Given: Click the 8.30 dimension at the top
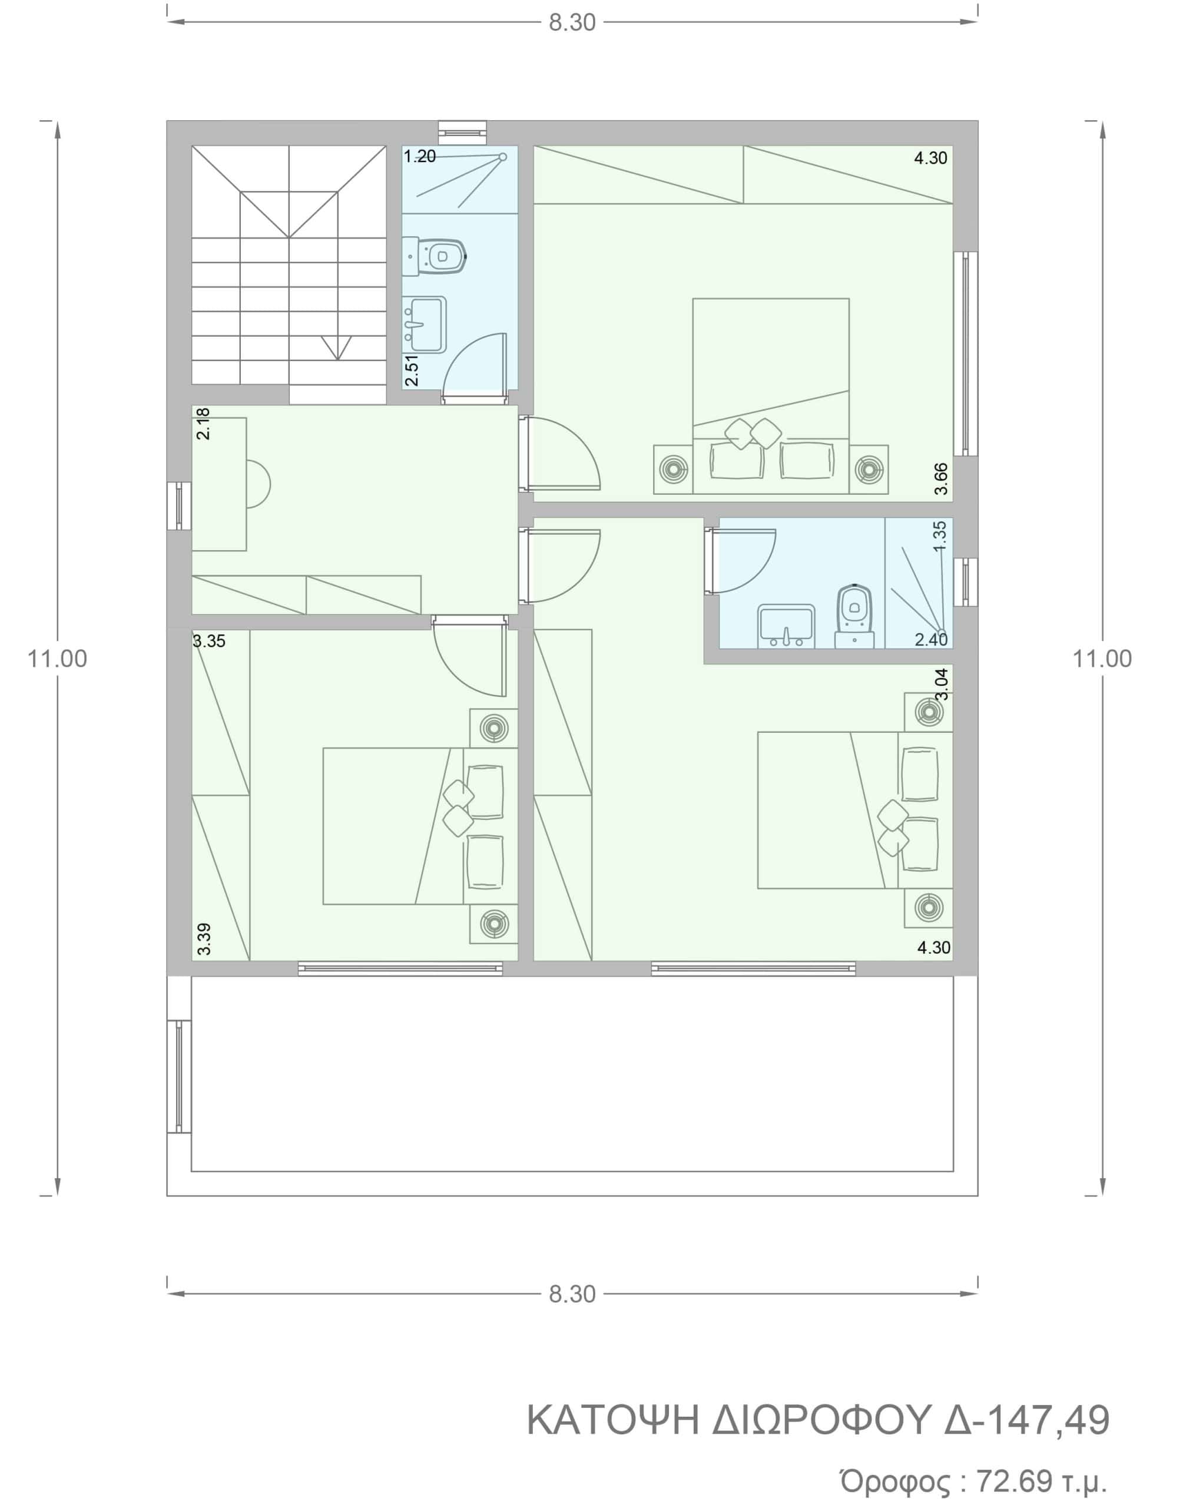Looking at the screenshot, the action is [572, 22].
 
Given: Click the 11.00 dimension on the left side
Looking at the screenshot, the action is [57, 659].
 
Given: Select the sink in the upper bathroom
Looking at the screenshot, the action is [425, 325].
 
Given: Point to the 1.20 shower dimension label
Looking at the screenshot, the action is [420, 156].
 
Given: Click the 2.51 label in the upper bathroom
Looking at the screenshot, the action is [412, 371].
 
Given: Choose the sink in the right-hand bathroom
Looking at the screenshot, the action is [786, 625].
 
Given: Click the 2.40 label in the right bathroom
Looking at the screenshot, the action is [931, 639].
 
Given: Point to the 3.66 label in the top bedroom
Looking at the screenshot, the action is [941, 478].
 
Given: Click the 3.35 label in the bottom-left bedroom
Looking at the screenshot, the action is [209, 641].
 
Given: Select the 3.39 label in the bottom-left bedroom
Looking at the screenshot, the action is [203, 939].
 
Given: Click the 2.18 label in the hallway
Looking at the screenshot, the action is [203, 424].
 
